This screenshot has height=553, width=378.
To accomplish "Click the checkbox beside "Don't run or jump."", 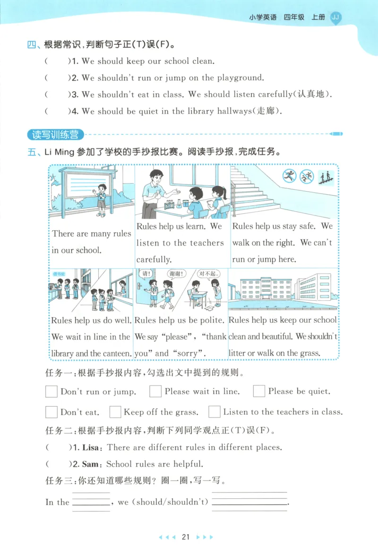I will coord(52,392).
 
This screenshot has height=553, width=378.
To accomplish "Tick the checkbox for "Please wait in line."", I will coord(155,391).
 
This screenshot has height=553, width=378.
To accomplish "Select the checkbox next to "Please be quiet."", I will coord(259,391).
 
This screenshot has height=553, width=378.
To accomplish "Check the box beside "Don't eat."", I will coord(52,412).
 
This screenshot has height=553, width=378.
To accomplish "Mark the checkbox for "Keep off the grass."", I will coord(115,412).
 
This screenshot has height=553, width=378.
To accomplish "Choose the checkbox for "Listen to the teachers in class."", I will coord(215,412).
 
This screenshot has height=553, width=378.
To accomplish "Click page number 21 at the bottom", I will coord(186,537).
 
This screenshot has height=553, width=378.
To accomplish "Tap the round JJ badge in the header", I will coord(335,17).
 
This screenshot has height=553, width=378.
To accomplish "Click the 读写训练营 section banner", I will coord(55,134).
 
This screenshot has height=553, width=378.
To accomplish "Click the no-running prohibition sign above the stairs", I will coord(289,177).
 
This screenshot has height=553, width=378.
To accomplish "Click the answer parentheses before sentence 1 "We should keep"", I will coord(57,61).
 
